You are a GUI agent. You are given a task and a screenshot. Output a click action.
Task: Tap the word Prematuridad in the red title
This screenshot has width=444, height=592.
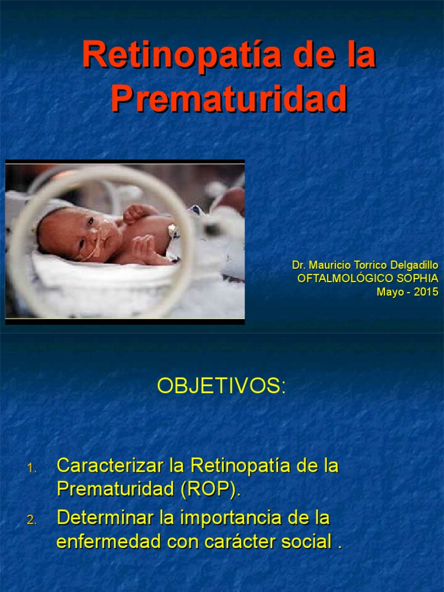(229, 99)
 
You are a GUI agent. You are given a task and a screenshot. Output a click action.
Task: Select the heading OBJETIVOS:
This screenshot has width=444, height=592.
(221, 387)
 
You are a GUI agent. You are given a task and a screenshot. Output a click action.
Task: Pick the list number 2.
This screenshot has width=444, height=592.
(31, 520)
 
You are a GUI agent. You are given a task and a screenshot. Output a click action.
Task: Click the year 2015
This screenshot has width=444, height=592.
(426, 291)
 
